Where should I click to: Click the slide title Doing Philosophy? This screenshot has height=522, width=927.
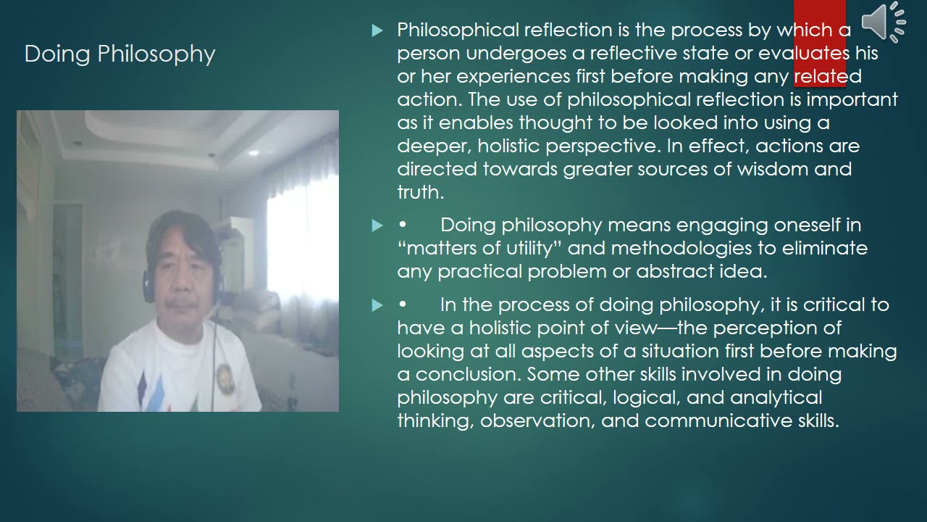click(119, 54)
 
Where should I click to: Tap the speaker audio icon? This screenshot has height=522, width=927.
click(883, 22)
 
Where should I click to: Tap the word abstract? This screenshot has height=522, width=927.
click(674, 271)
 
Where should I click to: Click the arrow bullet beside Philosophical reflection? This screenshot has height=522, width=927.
click(377, 30)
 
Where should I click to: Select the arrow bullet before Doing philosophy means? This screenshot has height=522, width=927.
click(377, 225)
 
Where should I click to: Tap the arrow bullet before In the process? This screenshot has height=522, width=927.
click(377, 305)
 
